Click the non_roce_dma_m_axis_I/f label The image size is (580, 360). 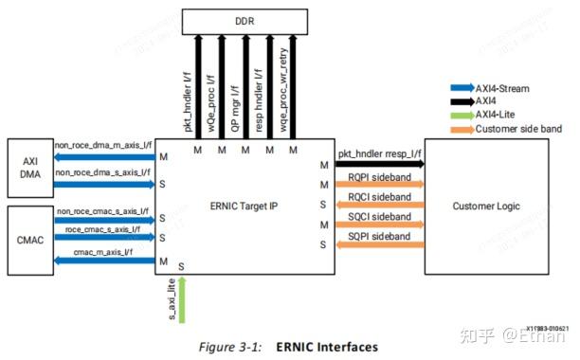click(101, 146)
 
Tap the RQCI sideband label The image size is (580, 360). click(379, 196)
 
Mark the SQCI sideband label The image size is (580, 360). click(379, 216)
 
